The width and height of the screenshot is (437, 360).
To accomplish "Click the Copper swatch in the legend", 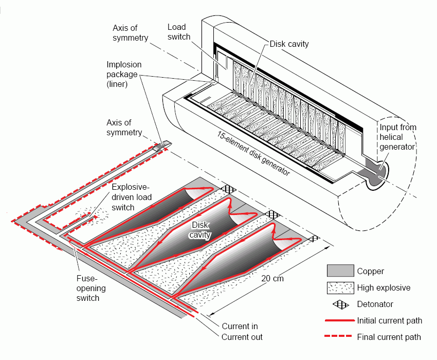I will pyautogui.click(x=340, y=271).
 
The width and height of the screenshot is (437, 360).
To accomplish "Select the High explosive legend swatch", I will pyautogui.click(x=340, y=287).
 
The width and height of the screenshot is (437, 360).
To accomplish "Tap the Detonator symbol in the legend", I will pyautogui.click(x=340, y=304).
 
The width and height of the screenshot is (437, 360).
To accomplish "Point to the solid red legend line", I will pyautogui.click(x=340, y=320).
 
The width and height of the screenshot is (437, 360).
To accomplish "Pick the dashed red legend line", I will pyautogui.click(x=340, y=337).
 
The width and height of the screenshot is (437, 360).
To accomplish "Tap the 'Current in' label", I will pyautogui.click(x=240, y=326).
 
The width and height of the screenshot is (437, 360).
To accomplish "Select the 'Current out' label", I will pyautogui.click(x=242, y=337).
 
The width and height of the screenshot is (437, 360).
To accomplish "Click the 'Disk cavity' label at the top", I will pyautogui.click(x=289, y=44).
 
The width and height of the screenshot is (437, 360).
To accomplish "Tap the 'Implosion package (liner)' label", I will pyautogui.click(x=124, y=74).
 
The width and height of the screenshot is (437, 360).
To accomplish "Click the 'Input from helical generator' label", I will pyautogui.click(x=397, y=137).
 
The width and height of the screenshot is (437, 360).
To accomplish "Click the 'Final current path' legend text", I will pyautogui.click(x=389, y=337).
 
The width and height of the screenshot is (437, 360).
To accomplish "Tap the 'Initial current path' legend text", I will pyautogui.click(x=389, y=320).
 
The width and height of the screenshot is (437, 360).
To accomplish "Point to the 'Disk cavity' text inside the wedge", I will pyautogui.click(x=201, y=229).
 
